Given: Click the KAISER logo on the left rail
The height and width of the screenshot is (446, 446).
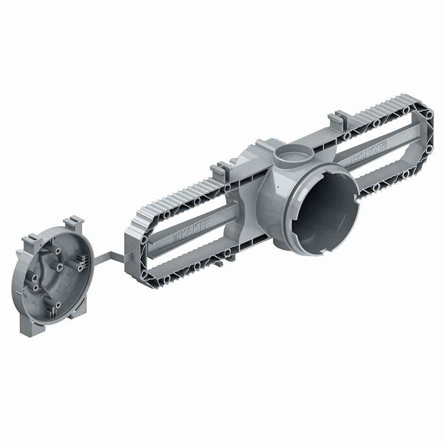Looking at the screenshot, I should (191, 233).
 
